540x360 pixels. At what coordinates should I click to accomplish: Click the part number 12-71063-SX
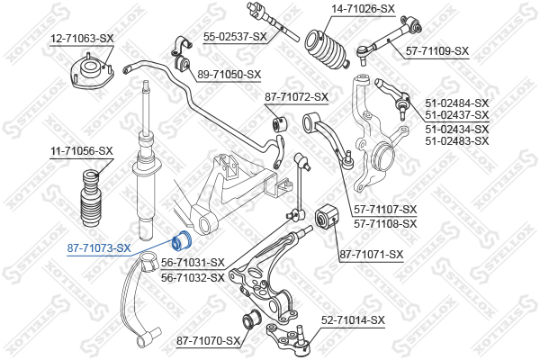pyautogui.click(x=82, y=39)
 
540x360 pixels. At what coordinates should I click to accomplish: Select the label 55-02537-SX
pyautogui.click(x=235, y=36)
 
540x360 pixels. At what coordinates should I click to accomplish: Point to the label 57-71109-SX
pyautogui.click(x=437, y=51)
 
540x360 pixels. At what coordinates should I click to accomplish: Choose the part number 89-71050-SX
pyautogui.click(x=229, y=75)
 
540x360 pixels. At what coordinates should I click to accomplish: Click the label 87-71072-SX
pyautogui.click(x=296, y=96)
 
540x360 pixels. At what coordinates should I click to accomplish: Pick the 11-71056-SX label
pyautogui.click(x=81, y=151)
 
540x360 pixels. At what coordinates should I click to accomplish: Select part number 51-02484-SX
pyautogui.click(x=456, y=103)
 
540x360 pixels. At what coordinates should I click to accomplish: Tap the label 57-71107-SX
pyautogui.click(x=385, y=210)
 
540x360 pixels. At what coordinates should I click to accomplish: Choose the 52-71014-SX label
pyautogui.click(x=353, y=319)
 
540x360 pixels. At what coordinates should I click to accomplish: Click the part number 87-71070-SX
pyautogui.click(x=209, y=340)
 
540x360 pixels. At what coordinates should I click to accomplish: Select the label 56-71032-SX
pyautogui.click(x=193, y=277)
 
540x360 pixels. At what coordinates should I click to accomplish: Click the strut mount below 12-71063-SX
pyautogui.click(x=90, y=73)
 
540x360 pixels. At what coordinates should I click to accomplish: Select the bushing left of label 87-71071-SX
pyautogui.click(x=325, y=217)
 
